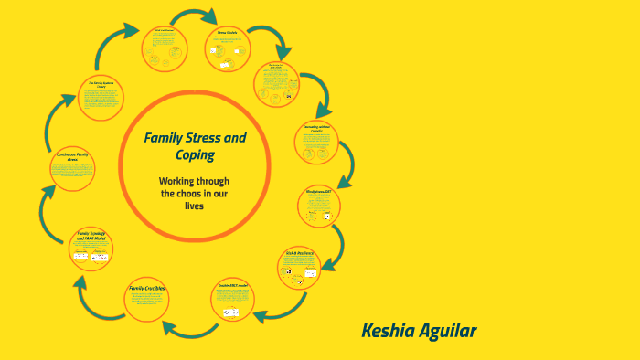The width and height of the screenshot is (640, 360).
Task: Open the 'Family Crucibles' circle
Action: tap(148, 298)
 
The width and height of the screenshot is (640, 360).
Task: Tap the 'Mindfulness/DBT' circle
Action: tap(319, 205)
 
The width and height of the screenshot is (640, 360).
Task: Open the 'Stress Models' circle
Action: tap(227, 48)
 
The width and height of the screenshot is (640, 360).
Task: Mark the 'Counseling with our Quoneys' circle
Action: tap(316, 141)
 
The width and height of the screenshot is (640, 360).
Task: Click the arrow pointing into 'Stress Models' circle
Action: tap(197, 16)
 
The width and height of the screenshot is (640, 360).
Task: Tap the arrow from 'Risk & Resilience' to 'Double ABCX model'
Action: tap(271, 313)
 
